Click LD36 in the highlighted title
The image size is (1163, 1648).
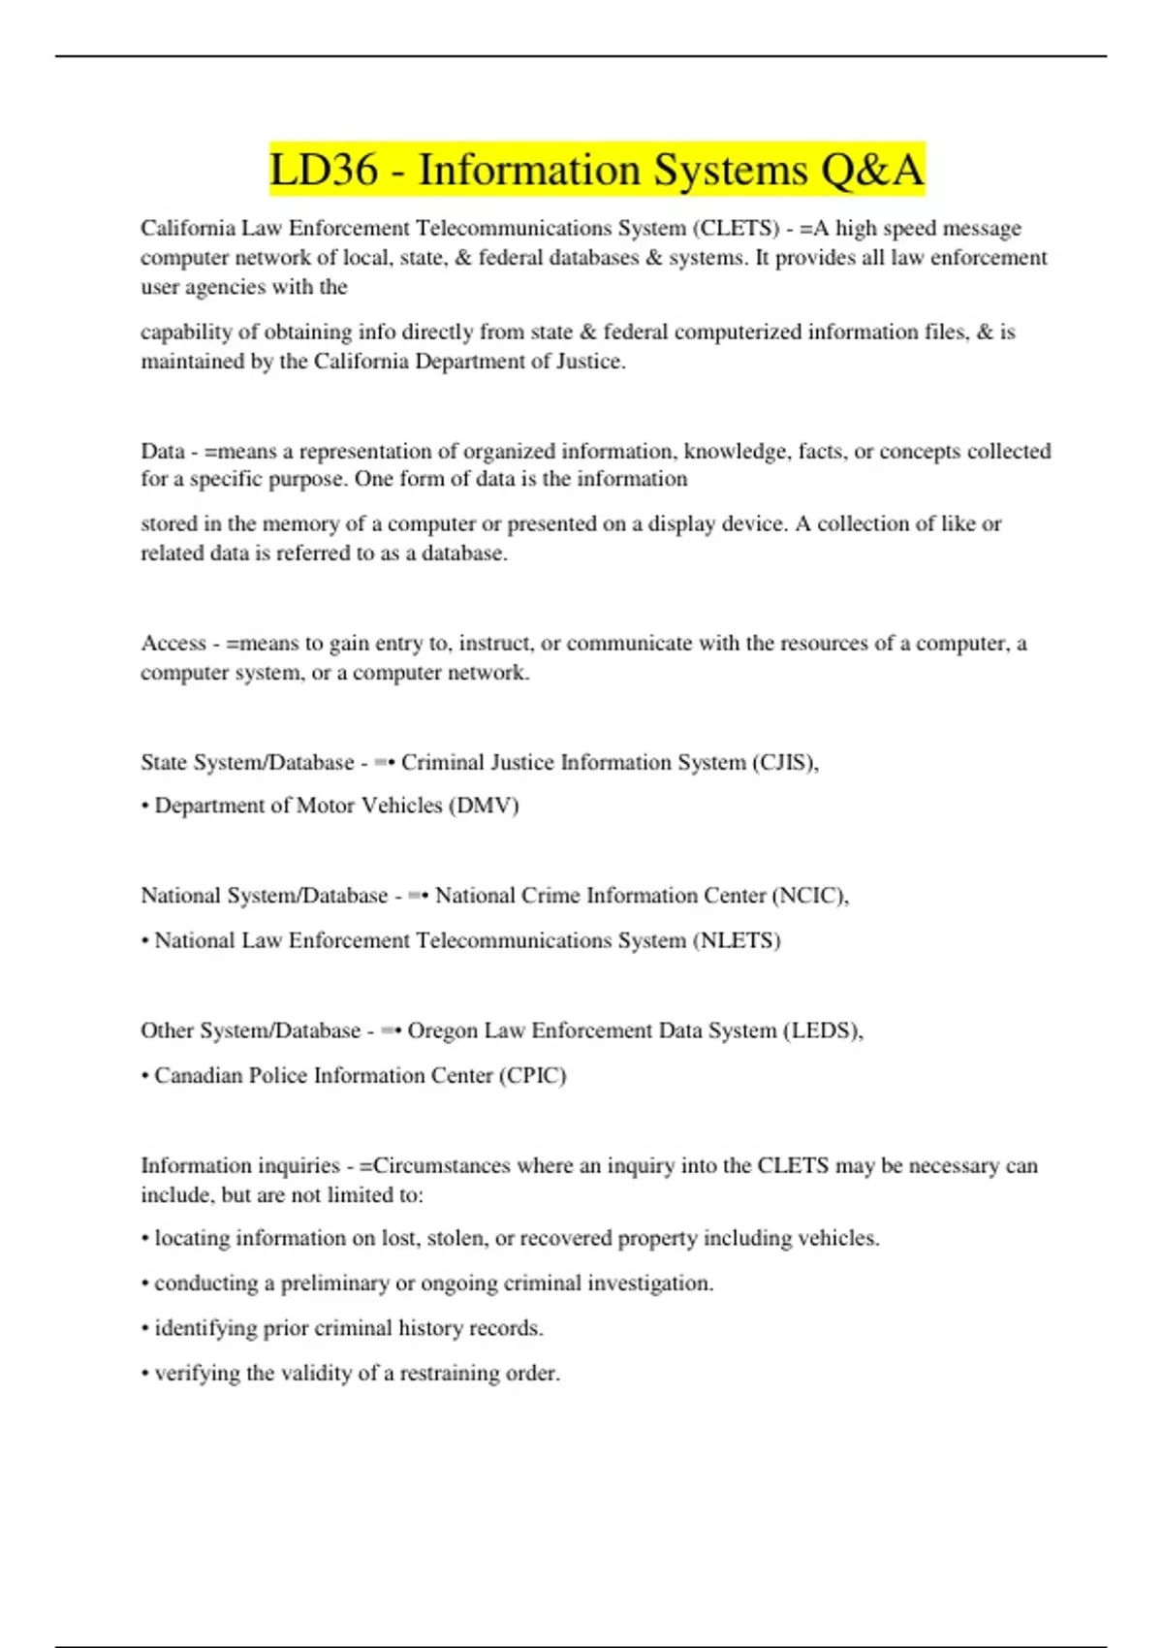click(324, 171)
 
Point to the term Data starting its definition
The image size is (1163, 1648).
click(162, 452)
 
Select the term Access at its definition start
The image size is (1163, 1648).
click(173, 644)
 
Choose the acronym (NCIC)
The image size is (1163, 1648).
click(810, 896)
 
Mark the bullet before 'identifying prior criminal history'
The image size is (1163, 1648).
click(144, 1329)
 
